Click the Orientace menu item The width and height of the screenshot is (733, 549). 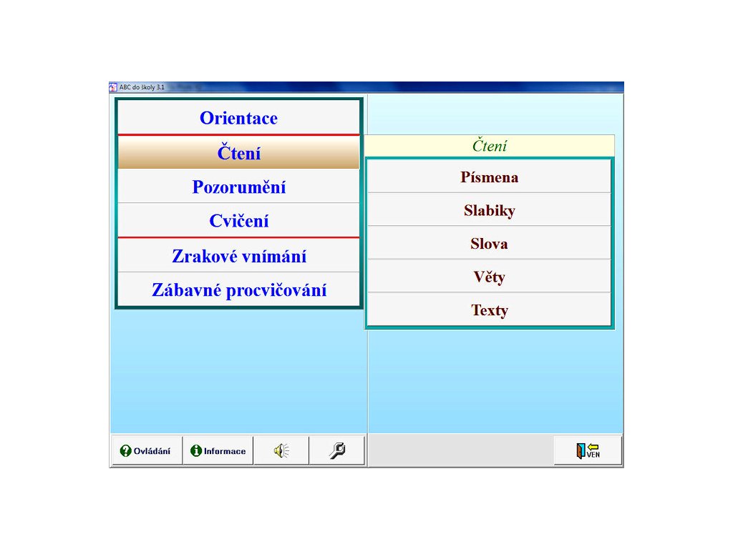238,118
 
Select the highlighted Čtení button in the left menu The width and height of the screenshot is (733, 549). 238,153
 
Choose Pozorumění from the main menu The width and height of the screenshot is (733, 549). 238,187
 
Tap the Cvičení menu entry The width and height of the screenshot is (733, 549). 238,220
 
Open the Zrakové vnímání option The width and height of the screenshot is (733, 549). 238,256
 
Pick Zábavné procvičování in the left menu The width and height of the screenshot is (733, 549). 238,290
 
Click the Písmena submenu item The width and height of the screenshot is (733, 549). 489,177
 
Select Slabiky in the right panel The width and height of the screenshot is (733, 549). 489,210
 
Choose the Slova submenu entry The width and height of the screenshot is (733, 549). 489,243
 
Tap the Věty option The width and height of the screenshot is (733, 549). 489,277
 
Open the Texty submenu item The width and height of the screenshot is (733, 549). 489,310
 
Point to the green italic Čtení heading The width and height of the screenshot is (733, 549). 490,146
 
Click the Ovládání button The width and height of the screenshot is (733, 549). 146,450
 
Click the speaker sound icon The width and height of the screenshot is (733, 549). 281,450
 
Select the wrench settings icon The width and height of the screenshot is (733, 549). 337,450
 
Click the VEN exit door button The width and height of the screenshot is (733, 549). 588,450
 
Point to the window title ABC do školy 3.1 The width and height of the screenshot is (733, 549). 142,86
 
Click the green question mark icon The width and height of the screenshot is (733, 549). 126,450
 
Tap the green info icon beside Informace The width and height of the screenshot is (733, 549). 196,450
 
